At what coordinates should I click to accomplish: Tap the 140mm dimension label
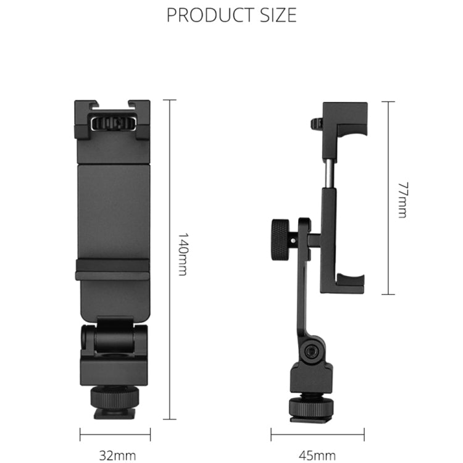[183, 254]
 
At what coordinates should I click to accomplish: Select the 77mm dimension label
[402, 199]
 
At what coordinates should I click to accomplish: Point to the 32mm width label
[117, 456]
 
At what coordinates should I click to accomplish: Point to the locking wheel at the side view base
[311, 398]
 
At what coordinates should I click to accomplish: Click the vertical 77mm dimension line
[388, 198]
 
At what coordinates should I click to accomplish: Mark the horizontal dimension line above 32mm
[115, 435]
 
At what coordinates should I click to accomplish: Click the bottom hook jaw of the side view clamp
[349, 285]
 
